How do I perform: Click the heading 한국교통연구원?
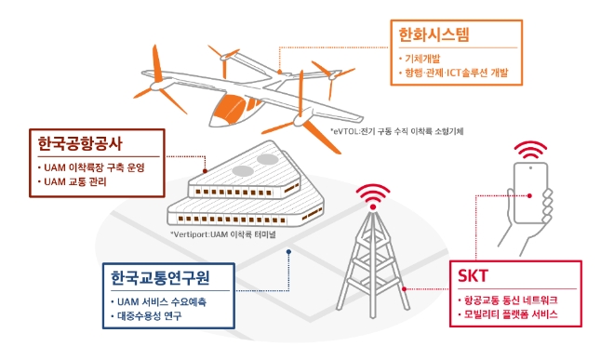point(154,278)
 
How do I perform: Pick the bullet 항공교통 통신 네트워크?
point(511,301)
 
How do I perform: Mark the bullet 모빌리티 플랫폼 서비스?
point(511,316)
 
